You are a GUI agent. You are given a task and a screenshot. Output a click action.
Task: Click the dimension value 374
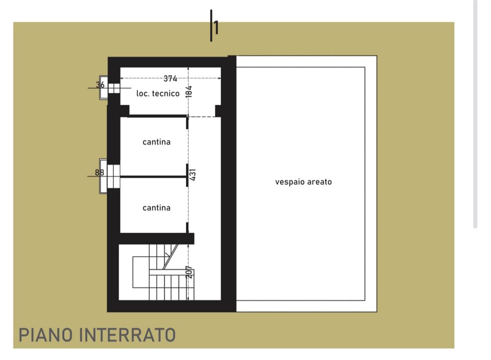coord(170,79)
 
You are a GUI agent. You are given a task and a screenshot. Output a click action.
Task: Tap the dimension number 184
coord(189,92)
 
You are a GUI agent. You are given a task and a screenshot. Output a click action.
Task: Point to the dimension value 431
coord(192,175)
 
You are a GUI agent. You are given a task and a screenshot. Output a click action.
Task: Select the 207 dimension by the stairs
coord(189,272)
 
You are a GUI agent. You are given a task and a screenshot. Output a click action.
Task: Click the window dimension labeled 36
coord(100,85)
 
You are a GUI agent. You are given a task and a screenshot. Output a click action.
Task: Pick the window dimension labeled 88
coord(99,173)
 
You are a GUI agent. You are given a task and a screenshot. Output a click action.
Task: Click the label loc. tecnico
coord(158,94)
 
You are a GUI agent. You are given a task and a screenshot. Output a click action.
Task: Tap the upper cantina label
coord(156,142)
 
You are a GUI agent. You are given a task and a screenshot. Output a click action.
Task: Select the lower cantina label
coord(156,208)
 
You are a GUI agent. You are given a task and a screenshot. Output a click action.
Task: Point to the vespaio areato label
coord(303,182)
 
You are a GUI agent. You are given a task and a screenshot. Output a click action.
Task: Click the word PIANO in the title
coord(45,335)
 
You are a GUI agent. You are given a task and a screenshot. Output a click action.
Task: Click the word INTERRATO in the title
coord(127,335)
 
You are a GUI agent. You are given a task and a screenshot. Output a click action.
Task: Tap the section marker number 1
coord(216,27)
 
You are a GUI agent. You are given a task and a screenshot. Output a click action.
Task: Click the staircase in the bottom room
coord(164,272)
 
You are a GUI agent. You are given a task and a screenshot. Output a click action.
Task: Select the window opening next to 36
coord(114,88)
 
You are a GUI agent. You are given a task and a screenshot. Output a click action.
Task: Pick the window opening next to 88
coord(114,176)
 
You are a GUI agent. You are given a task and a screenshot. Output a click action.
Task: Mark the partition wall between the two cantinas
coord(153,177)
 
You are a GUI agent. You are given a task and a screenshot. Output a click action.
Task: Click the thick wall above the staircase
coord(156,239)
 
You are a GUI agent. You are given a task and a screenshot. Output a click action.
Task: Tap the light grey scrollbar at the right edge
coord(475,114)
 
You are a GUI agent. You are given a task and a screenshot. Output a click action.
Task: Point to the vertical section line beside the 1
coord(211,26)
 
